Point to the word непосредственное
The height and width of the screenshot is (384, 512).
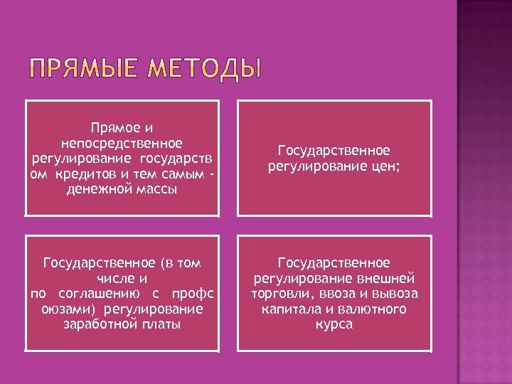(122, 143)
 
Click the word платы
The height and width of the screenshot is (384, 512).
(161, 324)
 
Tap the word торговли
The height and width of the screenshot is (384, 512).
(279, 294)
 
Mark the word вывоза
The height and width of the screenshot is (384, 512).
(392, 294)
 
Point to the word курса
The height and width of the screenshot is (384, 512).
(334, 324)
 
